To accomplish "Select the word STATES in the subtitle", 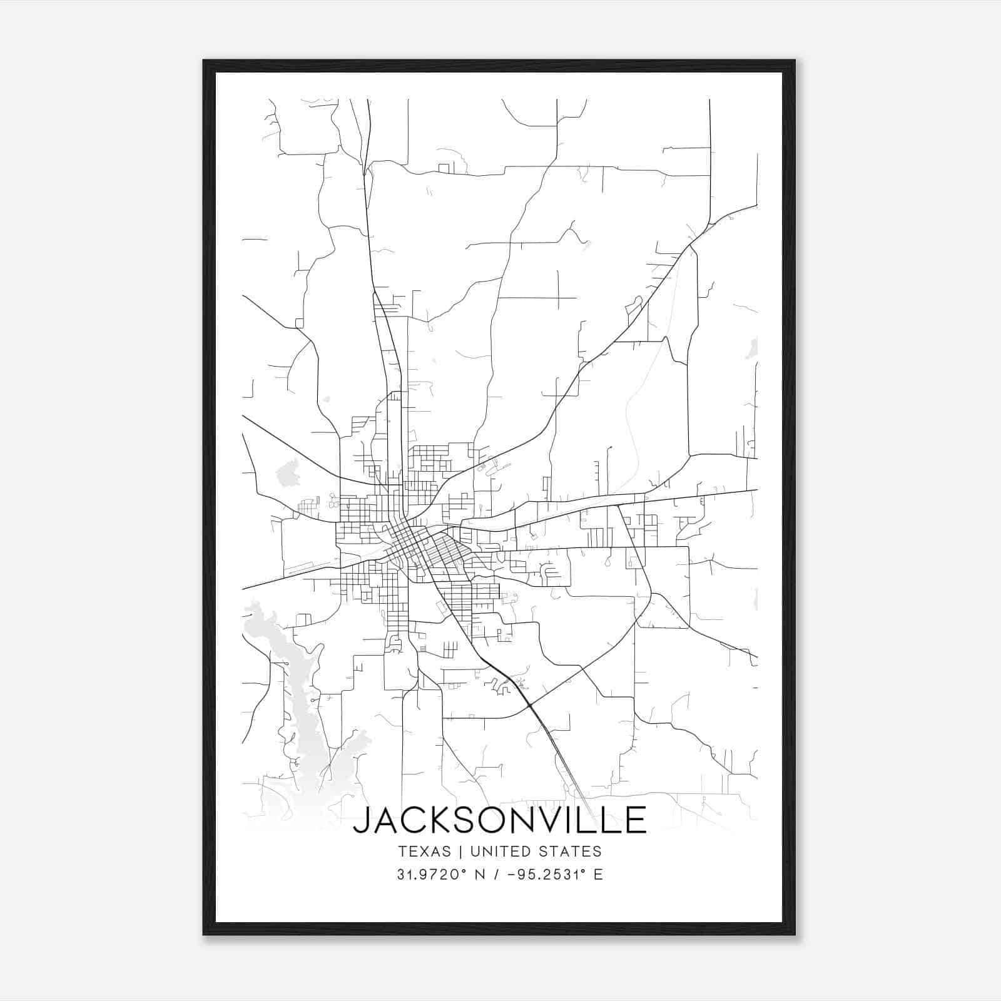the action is point(570,851).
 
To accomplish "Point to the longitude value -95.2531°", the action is point(546,875).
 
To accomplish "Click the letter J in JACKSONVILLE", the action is point(362,820).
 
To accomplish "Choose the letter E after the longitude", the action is point(598,875).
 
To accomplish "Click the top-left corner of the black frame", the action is point(204,61).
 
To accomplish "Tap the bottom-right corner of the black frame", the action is point(795,934).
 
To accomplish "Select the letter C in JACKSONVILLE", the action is point(415,820).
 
